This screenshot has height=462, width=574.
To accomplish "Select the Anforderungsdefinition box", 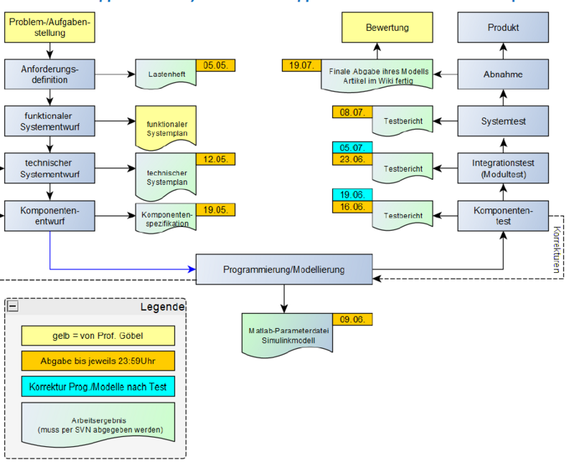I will coord(50,74).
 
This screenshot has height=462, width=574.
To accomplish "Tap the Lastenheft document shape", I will coord(166,74).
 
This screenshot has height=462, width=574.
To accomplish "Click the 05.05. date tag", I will coord(215,65).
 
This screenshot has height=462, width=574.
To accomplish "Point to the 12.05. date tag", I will coord(215,159).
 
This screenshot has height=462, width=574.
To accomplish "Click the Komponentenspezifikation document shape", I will coord(166,218).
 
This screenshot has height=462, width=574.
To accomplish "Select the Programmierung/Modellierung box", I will coord(284,270).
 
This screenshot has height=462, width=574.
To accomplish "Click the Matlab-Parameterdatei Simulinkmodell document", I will coord(288,335).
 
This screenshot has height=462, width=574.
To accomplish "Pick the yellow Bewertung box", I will coord(387,28).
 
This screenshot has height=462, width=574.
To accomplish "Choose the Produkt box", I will coord(503,28).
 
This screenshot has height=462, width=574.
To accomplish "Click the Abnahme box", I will coord(503,74).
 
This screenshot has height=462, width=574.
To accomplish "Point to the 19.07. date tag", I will coord(301,65).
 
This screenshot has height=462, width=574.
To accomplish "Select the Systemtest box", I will coord(503,121).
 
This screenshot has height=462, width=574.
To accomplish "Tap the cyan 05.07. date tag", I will coord(352,148).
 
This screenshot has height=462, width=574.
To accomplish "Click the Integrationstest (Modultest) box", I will coord(503,168).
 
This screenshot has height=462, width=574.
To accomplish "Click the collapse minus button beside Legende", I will coord(13,307).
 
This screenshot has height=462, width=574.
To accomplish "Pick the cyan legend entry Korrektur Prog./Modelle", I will coord(98,387).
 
